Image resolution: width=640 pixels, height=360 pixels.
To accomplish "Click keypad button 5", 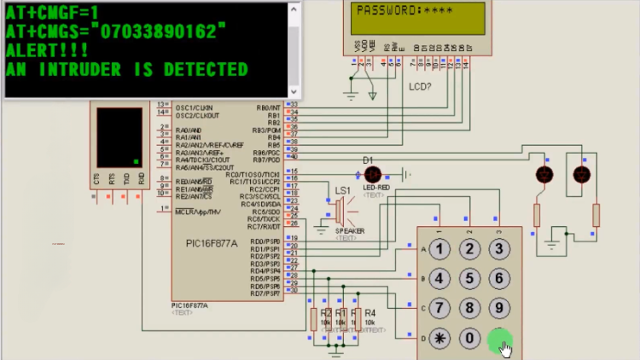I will coord(469,279).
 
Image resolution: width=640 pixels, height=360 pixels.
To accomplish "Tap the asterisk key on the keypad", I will coord(439,338).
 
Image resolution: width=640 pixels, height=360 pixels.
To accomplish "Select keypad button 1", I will coord(439,249).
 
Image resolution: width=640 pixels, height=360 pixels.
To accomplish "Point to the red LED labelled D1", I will coord(371,173).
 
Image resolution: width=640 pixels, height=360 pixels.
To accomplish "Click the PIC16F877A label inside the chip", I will coord(212,244).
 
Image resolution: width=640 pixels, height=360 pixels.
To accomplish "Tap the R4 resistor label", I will coord(369,314).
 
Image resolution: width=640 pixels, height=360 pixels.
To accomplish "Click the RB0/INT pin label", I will coord(268,107).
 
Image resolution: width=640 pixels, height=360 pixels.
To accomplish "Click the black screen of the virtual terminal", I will coord(119,136).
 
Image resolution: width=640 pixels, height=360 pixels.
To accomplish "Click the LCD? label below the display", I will coord(420,86).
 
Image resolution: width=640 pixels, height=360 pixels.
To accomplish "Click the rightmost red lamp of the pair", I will coord(582,175).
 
